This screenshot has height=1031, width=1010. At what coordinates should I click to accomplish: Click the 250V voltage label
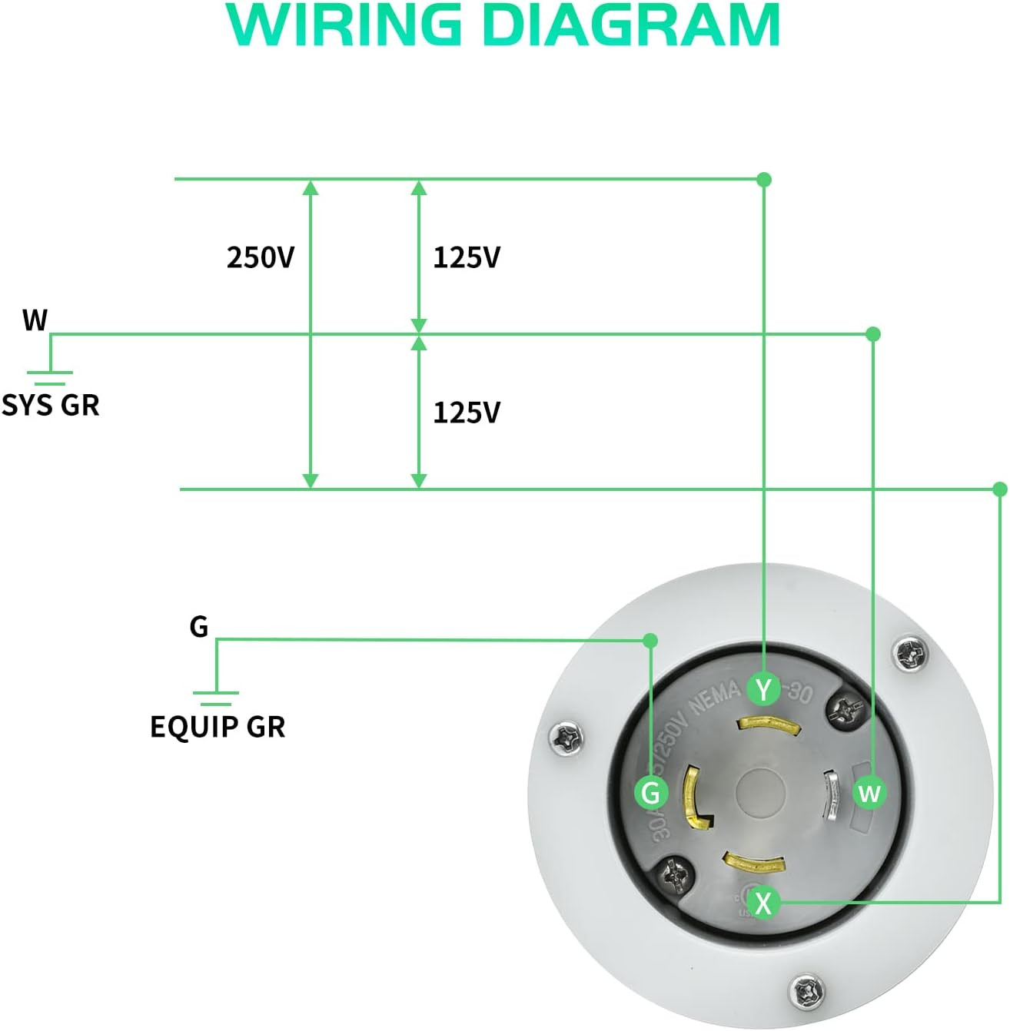coord(261,258)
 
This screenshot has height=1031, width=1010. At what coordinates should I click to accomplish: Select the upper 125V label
coord(467,258)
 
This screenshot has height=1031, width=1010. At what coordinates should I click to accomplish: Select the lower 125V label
coord(467,413)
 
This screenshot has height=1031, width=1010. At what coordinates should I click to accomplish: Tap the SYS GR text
coord(51,405)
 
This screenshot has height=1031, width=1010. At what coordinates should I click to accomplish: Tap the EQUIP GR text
coord(218,727)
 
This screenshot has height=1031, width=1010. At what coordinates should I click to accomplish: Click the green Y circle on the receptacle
coord(763,689)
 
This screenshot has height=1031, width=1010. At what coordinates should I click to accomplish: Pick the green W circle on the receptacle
coord(869,792)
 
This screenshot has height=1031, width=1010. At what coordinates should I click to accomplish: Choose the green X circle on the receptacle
coord(763,903)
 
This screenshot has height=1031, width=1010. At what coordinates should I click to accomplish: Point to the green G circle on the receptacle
coord(651,792)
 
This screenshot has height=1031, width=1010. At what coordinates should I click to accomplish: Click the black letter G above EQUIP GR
coord(199,627)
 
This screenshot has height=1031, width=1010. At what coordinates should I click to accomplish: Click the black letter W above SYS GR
coord(35,320)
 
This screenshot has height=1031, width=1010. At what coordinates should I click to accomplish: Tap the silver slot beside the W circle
coord(830,796)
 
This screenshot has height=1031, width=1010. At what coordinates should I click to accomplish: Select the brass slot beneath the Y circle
coord(769,724)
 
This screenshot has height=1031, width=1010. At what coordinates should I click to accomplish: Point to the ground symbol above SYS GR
coord(50,376)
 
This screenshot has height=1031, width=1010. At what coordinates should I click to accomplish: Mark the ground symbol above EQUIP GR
coord(216,697)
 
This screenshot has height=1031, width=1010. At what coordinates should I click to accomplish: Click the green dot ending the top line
coord(764,180)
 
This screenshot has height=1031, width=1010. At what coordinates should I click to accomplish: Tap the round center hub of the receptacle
coord(761,792)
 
